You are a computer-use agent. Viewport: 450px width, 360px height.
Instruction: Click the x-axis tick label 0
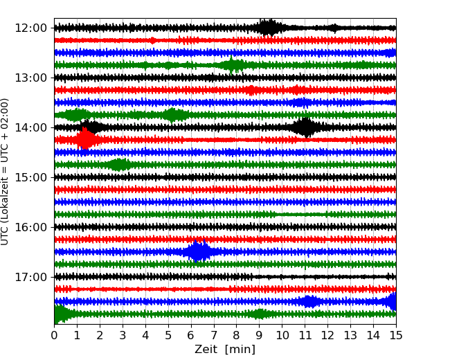click(x=55, y=336)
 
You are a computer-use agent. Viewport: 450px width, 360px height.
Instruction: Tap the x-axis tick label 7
click(x=214, y=336)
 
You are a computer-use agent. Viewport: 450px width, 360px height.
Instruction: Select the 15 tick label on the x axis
click(x=396, y=336)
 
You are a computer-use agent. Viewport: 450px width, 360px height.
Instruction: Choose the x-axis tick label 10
click(x=282, y=336)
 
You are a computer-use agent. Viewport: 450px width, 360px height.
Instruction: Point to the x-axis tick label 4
click(x=145, y=336)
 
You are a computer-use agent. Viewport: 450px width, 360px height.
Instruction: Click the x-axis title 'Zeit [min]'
click(x=225, y=350)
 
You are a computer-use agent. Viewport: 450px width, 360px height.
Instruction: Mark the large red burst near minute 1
click(x=85, y=139)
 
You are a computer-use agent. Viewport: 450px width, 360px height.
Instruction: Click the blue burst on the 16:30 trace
click(x=199, y=251)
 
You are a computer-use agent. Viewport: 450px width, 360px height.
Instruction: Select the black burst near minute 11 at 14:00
click(x=305, y=127)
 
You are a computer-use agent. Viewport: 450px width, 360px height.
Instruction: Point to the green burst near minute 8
click(x=234, y=65)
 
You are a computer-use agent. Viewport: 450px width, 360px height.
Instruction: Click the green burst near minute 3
click(x=119, y=165)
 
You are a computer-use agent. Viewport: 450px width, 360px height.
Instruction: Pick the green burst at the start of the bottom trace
click(x=61, y=314)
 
